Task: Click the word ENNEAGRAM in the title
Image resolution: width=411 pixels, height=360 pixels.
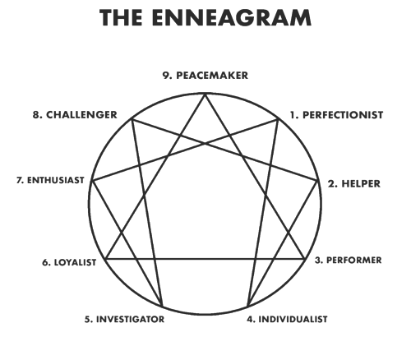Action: [232, 18]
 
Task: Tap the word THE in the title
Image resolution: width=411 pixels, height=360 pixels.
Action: [121, 18]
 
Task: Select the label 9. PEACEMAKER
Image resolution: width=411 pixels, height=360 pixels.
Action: [205, 76]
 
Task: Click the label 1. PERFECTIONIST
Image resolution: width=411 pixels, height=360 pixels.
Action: [337, 115]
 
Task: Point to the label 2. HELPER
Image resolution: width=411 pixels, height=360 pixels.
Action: [354, 183]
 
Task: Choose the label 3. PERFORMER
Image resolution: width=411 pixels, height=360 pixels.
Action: [348, 260]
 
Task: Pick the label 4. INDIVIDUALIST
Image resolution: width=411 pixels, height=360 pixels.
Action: [287, 319]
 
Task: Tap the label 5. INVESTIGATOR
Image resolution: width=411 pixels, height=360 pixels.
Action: [124, 319]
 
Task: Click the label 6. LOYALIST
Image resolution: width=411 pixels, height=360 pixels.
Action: [69, 262]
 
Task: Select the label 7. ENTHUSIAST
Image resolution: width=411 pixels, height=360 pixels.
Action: [50, 180]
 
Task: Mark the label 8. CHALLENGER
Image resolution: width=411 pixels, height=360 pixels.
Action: [75, 115]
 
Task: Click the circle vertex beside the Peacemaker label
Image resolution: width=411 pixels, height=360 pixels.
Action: [205, 94]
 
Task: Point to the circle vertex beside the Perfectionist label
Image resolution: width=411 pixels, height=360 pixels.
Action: [278, 119]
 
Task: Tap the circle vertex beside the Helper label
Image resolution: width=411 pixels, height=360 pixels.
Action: [318, 181]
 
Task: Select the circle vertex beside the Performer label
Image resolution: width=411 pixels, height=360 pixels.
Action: [304, 258]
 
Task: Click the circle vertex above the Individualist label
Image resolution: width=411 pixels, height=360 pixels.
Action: [247, 307]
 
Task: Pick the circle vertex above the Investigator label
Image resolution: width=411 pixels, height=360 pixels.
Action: [162, 307]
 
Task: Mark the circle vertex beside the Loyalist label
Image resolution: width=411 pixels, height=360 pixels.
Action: [106, 258]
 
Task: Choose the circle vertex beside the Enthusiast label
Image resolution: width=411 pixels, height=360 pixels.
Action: [92, 181]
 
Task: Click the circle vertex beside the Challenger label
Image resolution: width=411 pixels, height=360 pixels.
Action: [132, 119]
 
